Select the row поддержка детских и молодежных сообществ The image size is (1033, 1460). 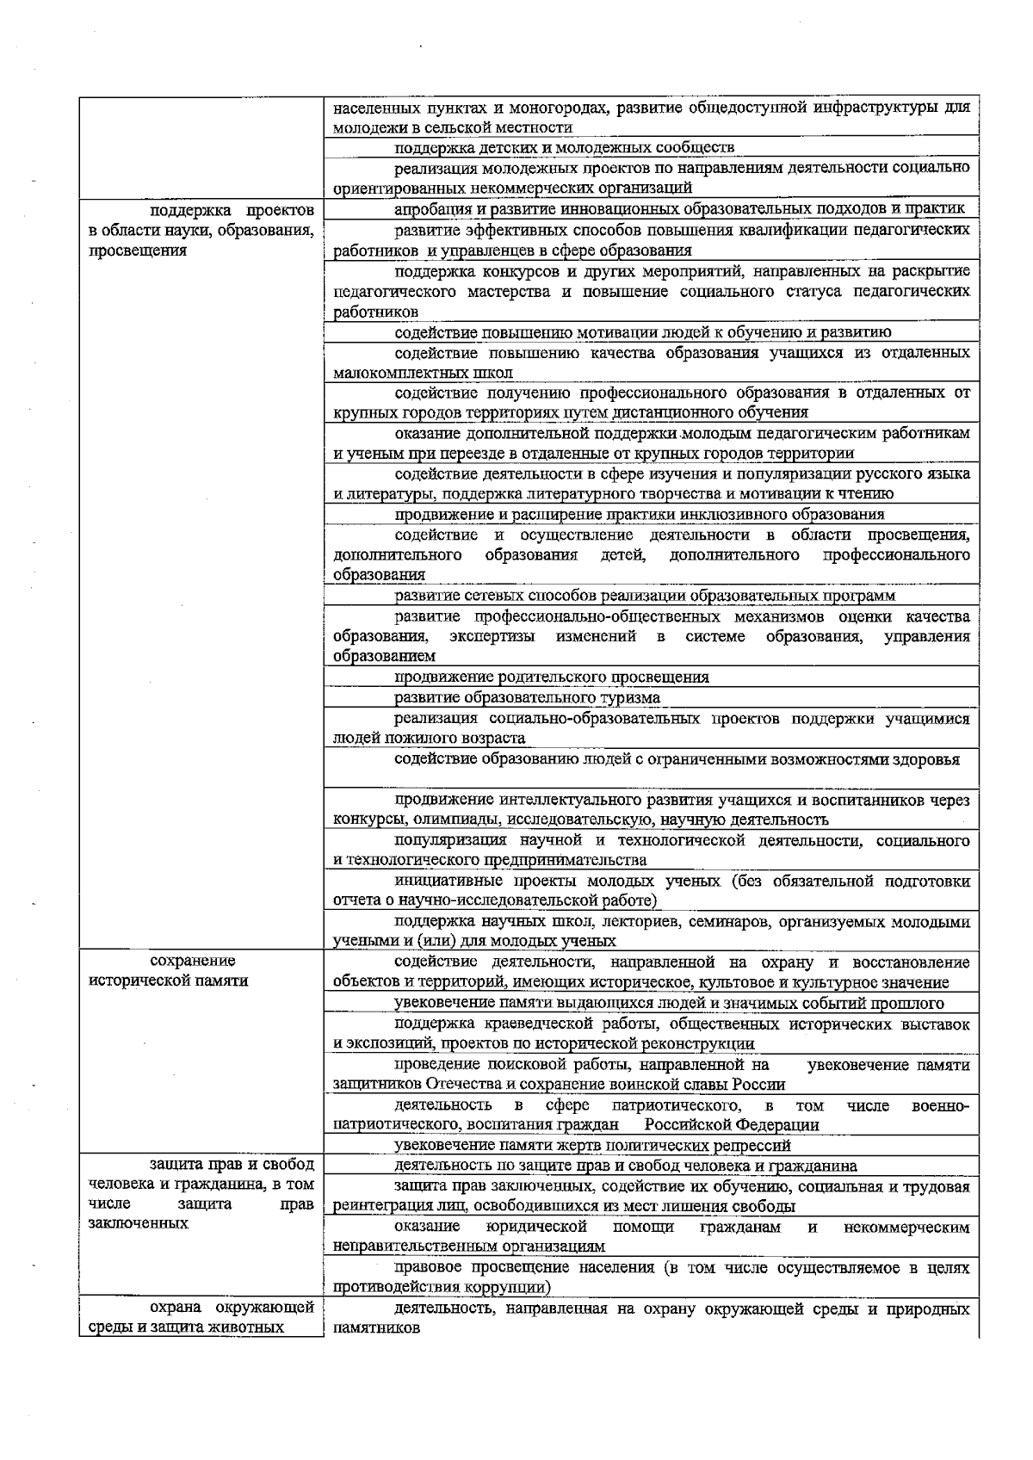(564, 147)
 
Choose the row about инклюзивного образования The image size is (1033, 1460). (639, 515)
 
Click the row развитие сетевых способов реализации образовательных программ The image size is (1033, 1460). (645, 596)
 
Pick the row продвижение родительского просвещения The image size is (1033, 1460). (552, 677)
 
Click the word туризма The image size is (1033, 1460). (634, 697)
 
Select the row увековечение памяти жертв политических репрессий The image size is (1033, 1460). (592, 1146)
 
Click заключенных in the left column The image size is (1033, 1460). (139, 1224)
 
